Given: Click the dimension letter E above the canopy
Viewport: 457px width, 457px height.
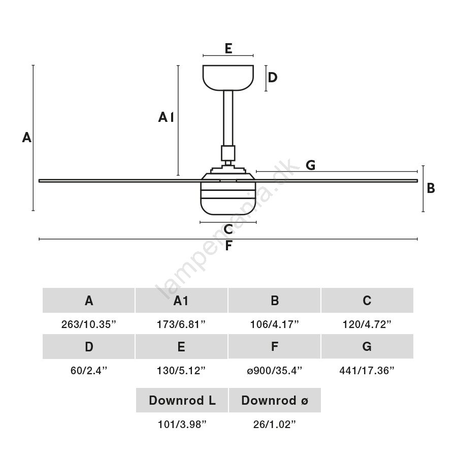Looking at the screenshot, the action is (228, 48).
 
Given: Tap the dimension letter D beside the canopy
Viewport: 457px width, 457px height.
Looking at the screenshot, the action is (273, 77).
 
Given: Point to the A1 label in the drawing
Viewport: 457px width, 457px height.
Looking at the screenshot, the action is (166, 117).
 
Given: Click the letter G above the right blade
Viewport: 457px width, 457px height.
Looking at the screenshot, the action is (311, 165).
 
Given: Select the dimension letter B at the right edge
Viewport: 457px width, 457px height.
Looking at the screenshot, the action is (431, 188).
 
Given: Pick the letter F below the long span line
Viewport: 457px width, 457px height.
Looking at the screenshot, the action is (229, 245).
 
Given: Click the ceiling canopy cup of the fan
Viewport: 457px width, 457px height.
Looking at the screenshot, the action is (228, 78).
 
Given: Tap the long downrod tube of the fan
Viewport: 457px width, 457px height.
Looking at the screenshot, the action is (228, 118).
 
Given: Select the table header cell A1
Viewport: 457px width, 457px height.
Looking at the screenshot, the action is (181, 300).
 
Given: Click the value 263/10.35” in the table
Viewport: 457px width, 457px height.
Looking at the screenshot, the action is (88, 324).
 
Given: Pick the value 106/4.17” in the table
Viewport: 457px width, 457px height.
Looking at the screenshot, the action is (275, 324).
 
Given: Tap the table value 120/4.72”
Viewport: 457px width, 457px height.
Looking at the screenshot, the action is (367, 324).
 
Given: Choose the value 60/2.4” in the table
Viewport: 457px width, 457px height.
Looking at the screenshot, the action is (89, 371).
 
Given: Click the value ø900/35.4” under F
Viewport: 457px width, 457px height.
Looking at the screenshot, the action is (275, 371).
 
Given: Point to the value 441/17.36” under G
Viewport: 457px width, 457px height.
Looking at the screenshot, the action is (367, 371).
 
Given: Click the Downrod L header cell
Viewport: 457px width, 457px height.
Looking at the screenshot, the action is (182, 400).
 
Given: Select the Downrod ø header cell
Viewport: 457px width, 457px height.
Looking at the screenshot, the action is (275, 400).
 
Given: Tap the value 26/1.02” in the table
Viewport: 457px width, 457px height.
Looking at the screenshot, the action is (275, 425).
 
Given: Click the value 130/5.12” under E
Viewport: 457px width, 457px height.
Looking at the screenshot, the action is (181, 371).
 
